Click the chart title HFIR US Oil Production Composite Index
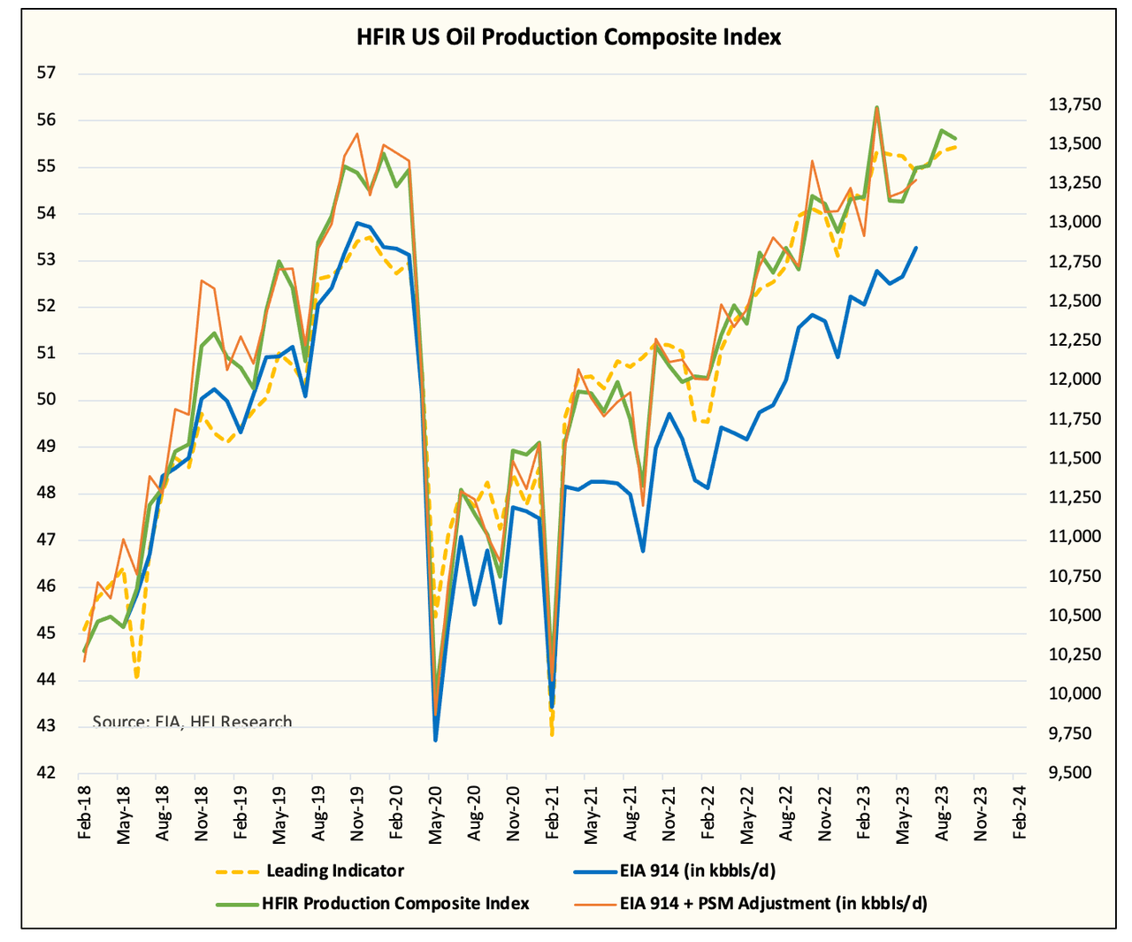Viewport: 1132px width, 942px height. tap(569, 37)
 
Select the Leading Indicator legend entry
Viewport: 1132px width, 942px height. tap(334, 870)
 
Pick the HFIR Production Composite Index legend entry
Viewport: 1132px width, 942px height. tap(394, 903)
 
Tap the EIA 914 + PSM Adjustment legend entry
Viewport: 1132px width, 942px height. tap(771, 903)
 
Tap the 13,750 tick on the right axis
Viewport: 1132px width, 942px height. tap(1075, 105)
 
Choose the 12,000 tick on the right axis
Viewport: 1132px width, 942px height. tap(1075, 379)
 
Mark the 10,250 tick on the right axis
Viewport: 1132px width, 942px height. tap(1075, 655)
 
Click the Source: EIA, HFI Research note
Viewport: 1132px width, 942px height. tap(192, 722)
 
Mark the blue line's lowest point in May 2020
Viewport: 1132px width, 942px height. tap(435, 739)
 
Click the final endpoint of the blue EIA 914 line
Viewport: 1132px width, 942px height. tap(915, 248)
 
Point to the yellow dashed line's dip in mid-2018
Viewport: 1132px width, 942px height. tap(137, 678)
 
